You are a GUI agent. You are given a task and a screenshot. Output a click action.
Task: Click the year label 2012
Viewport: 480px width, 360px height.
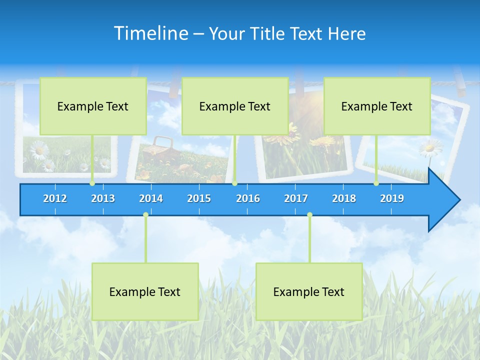55,198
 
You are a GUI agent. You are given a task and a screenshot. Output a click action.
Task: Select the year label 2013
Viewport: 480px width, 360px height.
103,198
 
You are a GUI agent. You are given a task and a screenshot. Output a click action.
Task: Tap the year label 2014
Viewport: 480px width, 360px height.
151,198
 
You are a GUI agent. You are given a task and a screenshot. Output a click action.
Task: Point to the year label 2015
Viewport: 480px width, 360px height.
199,198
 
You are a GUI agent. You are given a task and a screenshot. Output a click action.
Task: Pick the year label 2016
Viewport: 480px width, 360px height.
248,198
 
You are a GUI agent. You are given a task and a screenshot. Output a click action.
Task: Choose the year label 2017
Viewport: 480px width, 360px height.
296,198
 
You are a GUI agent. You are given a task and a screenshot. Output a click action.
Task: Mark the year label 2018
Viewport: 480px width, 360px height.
344,198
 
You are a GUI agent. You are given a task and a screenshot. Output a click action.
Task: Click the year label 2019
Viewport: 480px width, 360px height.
392,198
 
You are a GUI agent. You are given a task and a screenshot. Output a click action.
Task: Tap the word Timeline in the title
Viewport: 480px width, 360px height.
150,33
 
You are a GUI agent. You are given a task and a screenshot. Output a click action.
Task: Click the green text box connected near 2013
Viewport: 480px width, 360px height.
93,106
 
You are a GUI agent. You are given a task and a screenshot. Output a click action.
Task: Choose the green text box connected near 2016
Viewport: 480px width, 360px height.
235,106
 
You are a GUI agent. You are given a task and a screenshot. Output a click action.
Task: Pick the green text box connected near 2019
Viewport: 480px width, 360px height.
377,106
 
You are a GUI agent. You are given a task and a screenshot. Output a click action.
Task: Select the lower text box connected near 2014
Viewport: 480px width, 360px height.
145,291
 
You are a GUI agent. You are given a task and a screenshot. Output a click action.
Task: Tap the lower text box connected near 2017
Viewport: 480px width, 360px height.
309,291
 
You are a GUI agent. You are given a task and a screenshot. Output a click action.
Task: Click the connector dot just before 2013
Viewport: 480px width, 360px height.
92,183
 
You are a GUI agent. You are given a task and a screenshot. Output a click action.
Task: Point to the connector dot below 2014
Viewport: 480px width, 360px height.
145,215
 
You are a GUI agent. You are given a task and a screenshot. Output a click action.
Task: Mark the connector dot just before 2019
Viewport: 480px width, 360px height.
376,183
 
